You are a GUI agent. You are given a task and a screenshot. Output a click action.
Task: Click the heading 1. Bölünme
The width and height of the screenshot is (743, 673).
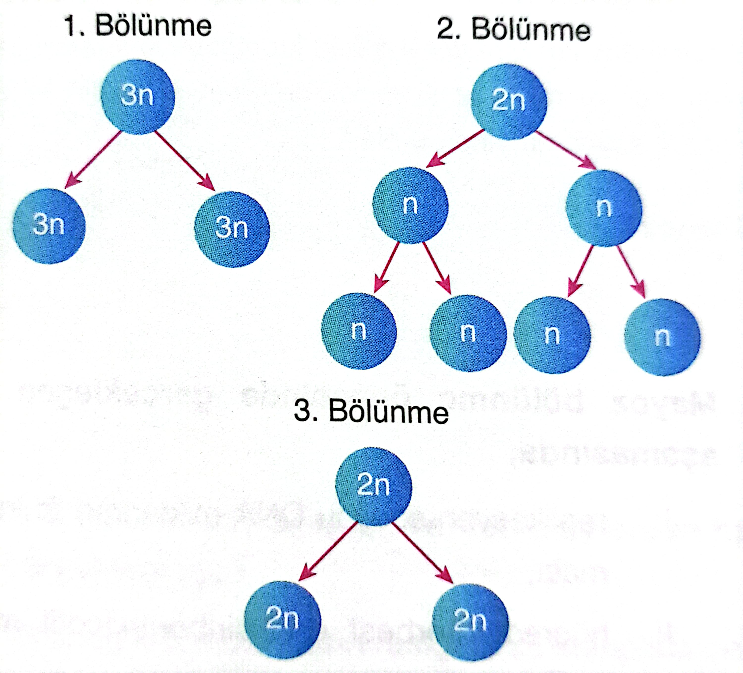coord(138,26)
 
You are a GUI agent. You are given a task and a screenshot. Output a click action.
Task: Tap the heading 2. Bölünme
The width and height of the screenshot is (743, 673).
coord(513,29)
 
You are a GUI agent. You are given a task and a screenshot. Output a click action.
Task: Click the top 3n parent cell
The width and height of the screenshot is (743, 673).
coord(137,97)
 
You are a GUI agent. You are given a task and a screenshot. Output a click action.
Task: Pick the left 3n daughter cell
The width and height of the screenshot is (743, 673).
coord(49,226)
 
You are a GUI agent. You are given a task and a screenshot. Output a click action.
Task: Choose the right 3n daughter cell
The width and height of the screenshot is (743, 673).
coord(232,229)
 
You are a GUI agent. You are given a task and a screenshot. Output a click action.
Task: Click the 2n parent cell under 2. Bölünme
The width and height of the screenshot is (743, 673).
coord(509,102)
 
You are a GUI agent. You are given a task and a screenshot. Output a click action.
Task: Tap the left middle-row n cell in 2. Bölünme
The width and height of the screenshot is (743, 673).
coord(410,205)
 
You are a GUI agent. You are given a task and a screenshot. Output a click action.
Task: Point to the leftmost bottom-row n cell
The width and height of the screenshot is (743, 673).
coord(359,331)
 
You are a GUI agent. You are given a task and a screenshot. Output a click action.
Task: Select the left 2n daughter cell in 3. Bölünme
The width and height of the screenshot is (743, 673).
coord(282,619)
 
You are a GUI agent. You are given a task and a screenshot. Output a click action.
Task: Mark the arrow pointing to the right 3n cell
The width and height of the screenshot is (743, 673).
coord(184,161)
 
